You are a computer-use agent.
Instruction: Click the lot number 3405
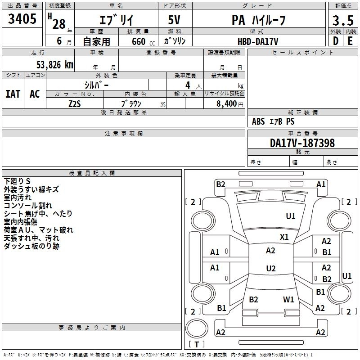[22, 19]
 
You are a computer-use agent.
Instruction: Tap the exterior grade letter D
[335, 40]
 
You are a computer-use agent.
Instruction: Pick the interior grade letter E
[350, 40]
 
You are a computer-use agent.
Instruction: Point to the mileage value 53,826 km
[52, 64]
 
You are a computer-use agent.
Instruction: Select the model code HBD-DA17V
[258, 41]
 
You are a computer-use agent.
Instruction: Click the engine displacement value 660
[138, 41]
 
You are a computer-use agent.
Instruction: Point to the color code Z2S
[75, 103]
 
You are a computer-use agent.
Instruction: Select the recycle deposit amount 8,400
[226, 103]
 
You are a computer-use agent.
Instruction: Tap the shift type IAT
[13, 94]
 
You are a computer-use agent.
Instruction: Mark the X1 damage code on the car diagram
[284, 237]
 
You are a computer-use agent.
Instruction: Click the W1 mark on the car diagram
[288, 299]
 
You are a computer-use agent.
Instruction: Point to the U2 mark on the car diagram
[270, 268]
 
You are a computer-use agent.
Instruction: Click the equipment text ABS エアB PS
[273, 121]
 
